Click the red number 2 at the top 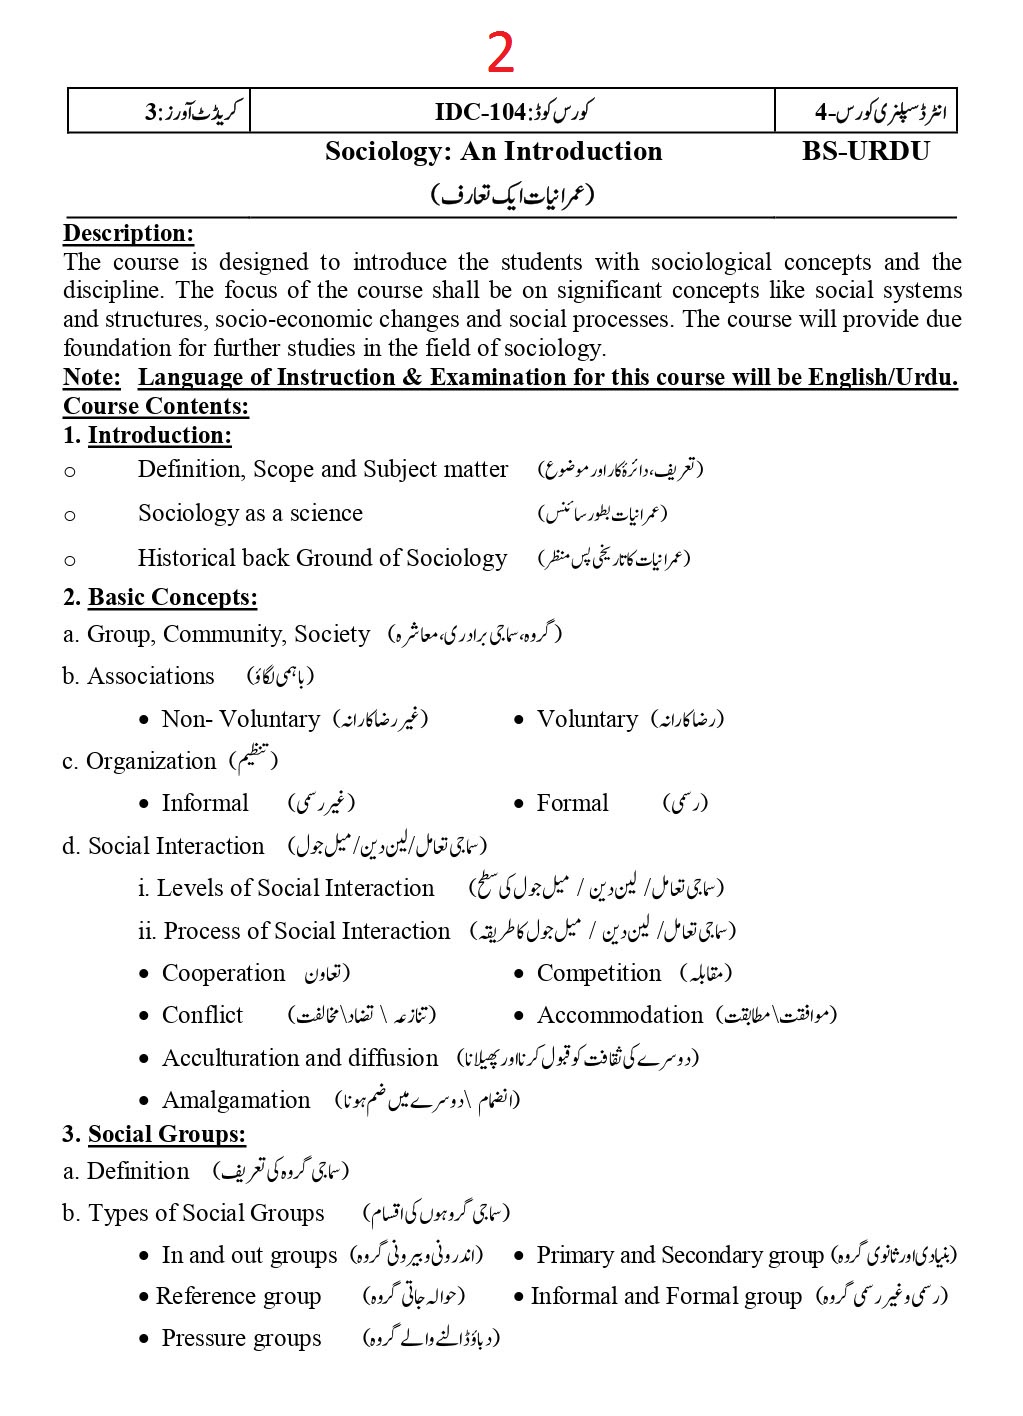[500, 54]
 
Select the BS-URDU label [865, 152]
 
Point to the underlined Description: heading [128, 234]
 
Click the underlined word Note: [91, 378]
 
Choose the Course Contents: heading [156, 406]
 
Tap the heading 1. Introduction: [147, 436]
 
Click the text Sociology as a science [250, 514]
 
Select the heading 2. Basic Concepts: [160, 598]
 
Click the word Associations [150, 677]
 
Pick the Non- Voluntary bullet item [240, 720]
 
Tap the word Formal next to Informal [572, 804]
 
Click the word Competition [598, 974]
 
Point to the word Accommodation [619, 1016]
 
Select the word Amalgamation [236, 1101]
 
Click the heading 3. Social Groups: [154, 1135]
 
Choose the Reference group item [238, 1297]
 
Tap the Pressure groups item [241, 1339]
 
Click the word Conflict [202, 1016]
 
